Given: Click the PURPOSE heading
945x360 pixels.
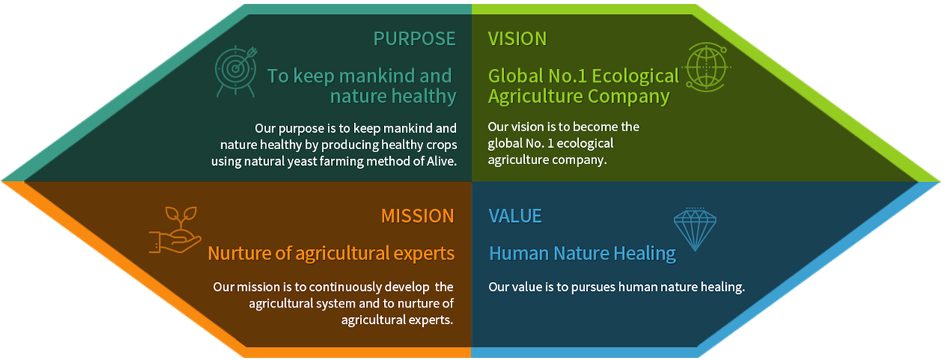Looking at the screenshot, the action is tap(414, 39).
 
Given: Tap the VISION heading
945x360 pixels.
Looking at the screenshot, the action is tap(517, 39).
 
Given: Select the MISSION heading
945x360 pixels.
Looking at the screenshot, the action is tap(418, 216).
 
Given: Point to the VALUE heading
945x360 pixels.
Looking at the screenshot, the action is tap(515, 216).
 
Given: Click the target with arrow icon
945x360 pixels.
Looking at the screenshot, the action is tap(235, 71).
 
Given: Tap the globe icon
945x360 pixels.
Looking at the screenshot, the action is tap(706, 67).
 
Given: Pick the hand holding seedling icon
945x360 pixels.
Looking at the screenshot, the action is tap(175, 230).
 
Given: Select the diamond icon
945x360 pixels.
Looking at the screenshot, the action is tap(694, 229).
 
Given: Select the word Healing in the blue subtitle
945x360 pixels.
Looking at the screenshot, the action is tap(645, 254).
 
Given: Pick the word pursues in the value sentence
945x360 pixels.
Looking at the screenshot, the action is tap(593, 287).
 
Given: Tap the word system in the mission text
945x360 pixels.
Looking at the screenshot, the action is tap(336, 304).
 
